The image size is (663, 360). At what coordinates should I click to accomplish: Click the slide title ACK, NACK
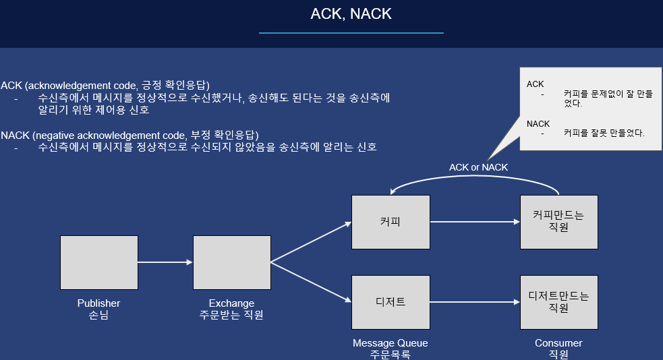tap(351, 14)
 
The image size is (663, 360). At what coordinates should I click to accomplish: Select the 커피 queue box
tap(391, 222)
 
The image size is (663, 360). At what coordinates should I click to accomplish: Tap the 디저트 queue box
tap(391, 302)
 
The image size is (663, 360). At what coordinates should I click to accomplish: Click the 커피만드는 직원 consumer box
tap(558, 222)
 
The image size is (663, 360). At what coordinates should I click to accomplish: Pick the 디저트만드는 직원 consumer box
tap(558, 302)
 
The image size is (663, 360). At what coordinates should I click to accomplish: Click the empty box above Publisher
tap(98, 262)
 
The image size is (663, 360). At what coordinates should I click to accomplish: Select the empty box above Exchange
tap(231, 262)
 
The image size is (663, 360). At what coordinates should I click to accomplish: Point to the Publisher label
tap(98, 303)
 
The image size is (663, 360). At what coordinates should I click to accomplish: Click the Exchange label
tap(231, 303)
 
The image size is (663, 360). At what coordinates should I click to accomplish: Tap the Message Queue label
tap(391, 343)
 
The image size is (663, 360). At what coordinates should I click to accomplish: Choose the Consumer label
tap(558, 343)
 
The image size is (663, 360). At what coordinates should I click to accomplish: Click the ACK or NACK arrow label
tap(478, 167)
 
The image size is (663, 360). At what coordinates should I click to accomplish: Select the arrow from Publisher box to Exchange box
tap(165, 262)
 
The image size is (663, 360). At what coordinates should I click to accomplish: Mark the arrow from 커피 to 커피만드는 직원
tap(475, 222)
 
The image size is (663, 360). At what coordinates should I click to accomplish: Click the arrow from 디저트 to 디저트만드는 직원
tap(475, 302)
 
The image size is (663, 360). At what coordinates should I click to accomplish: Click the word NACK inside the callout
tap(538, 124)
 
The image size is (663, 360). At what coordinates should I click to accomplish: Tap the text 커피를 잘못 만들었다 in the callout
tap(604, 133)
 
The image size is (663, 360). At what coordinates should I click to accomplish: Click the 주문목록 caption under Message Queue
tap(391, 355)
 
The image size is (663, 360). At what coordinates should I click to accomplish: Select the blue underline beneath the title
tap(351, 32)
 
